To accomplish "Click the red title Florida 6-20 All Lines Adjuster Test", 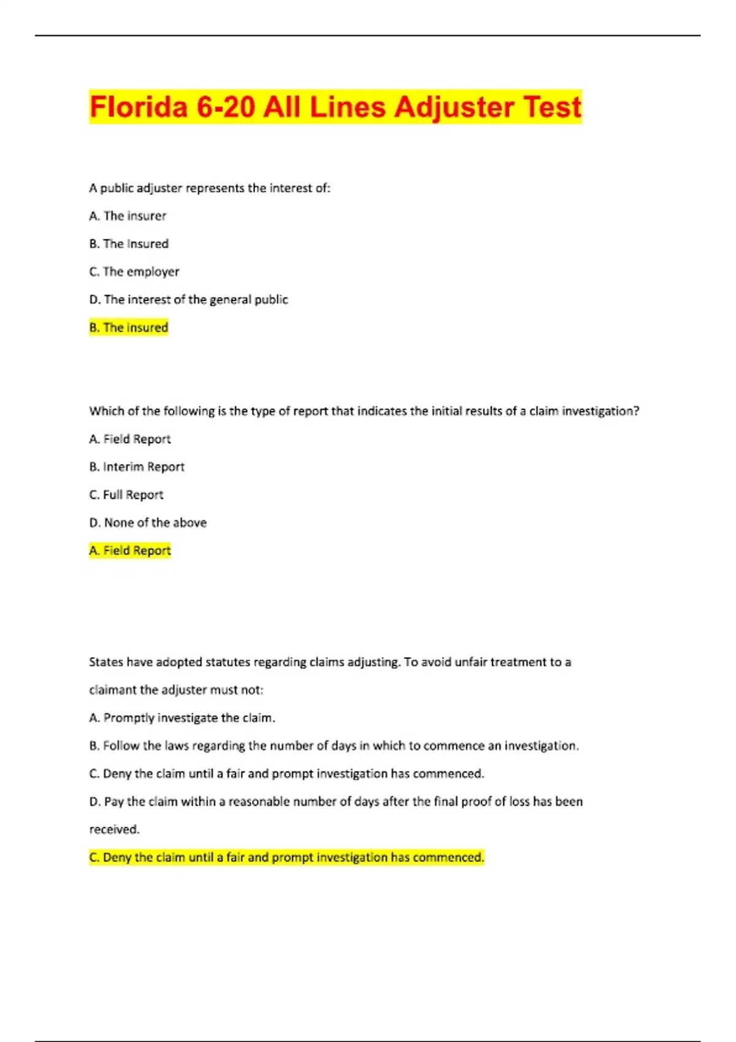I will (335, 107).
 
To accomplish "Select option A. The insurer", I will (128, 216).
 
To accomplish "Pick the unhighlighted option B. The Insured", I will (129, 243).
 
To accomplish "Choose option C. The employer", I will (134, 272).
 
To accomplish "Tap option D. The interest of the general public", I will (188, 299).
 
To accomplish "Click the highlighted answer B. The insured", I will (129, 327).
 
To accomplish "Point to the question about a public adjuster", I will (210, 188).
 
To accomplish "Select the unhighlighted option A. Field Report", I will (130, 439).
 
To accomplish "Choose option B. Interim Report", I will (137, 466).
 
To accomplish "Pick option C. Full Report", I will (126, 495).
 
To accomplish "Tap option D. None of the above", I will (148, 522).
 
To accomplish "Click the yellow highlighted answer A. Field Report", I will (130, 550).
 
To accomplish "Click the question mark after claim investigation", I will (636, 411).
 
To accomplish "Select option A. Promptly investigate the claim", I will (182, 718).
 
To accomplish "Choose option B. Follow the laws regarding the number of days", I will (334, 745).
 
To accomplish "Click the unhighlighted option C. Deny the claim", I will (286, 774).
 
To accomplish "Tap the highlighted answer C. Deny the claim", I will (286, 857).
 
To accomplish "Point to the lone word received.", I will (115, 829).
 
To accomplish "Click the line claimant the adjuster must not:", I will (176, 690).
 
